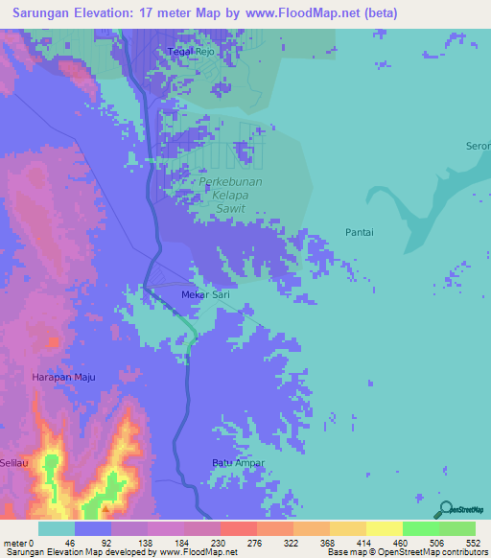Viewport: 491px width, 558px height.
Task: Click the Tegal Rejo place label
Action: [x=189, y=52]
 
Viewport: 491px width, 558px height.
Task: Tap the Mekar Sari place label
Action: [x=202, y=295]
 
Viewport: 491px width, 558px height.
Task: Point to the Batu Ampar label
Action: [x=238, y=463]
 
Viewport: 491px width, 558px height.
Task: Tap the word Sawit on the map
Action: [x=229, y=208]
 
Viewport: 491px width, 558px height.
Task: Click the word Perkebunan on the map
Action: [x=229, y=181]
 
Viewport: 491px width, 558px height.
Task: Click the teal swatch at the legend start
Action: [x=56, y=528]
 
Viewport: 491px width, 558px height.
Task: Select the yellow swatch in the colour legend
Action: [x=384, y=528]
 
